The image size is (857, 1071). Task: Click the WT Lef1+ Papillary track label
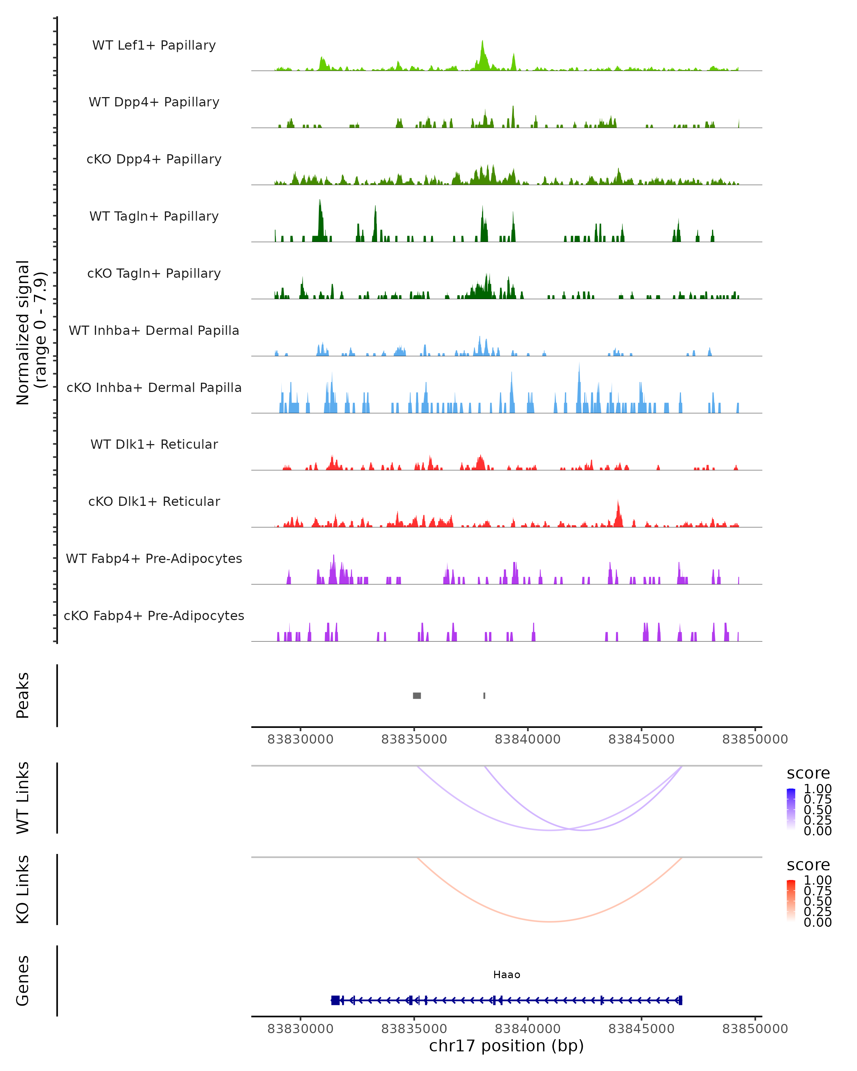point(154,45)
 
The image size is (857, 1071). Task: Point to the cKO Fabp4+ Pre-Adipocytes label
point(154,615)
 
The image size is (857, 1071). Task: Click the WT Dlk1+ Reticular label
point(154,444)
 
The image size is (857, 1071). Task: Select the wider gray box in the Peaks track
point(417,695)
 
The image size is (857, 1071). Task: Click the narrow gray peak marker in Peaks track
point(485,695)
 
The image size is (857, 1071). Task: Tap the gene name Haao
point(507,975)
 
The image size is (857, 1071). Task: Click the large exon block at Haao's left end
point(335,1000)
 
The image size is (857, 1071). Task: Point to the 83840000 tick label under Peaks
point(528,739)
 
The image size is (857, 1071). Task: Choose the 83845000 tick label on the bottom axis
point(641,1029)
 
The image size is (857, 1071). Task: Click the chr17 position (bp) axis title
point(506,1046)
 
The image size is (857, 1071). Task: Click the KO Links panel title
point(23,889)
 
